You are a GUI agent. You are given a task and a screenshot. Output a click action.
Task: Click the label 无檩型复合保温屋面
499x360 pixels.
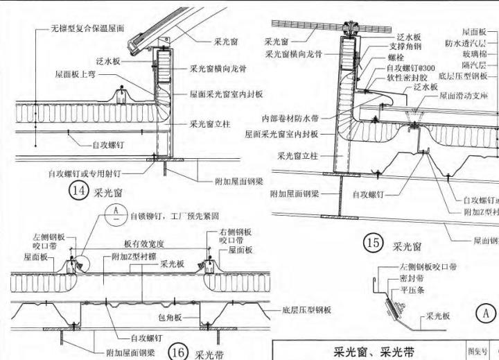(x=87, y=30)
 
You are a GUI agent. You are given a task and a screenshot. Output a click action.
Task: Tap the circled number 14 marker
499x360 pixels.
(x=76, y=191)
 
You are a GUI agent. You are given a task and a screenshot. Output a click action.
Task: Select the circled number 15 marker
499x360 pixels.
(x=374, y=243)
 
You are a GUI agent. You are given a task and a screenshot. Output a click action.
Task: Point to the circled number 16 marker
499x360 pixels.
(x=179, y=352)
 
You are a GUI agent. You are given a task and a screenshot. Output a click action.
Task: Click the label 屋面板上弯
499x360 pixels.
(x=77, y=73)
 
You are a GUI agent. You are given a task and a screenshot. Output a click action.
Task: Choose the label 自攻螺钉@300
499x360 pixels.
(x=411, y=68)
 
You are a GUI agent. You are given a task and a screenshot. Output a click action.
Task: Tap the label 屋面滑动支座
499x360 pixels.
(x=464, y=96)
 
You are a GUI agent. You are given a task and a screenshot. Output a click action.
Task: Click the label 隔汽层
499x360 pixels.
(x=478, y=65)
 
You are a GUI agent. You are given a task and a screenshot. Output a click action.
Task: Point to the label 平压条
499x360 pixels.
(x=412, y=291)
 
